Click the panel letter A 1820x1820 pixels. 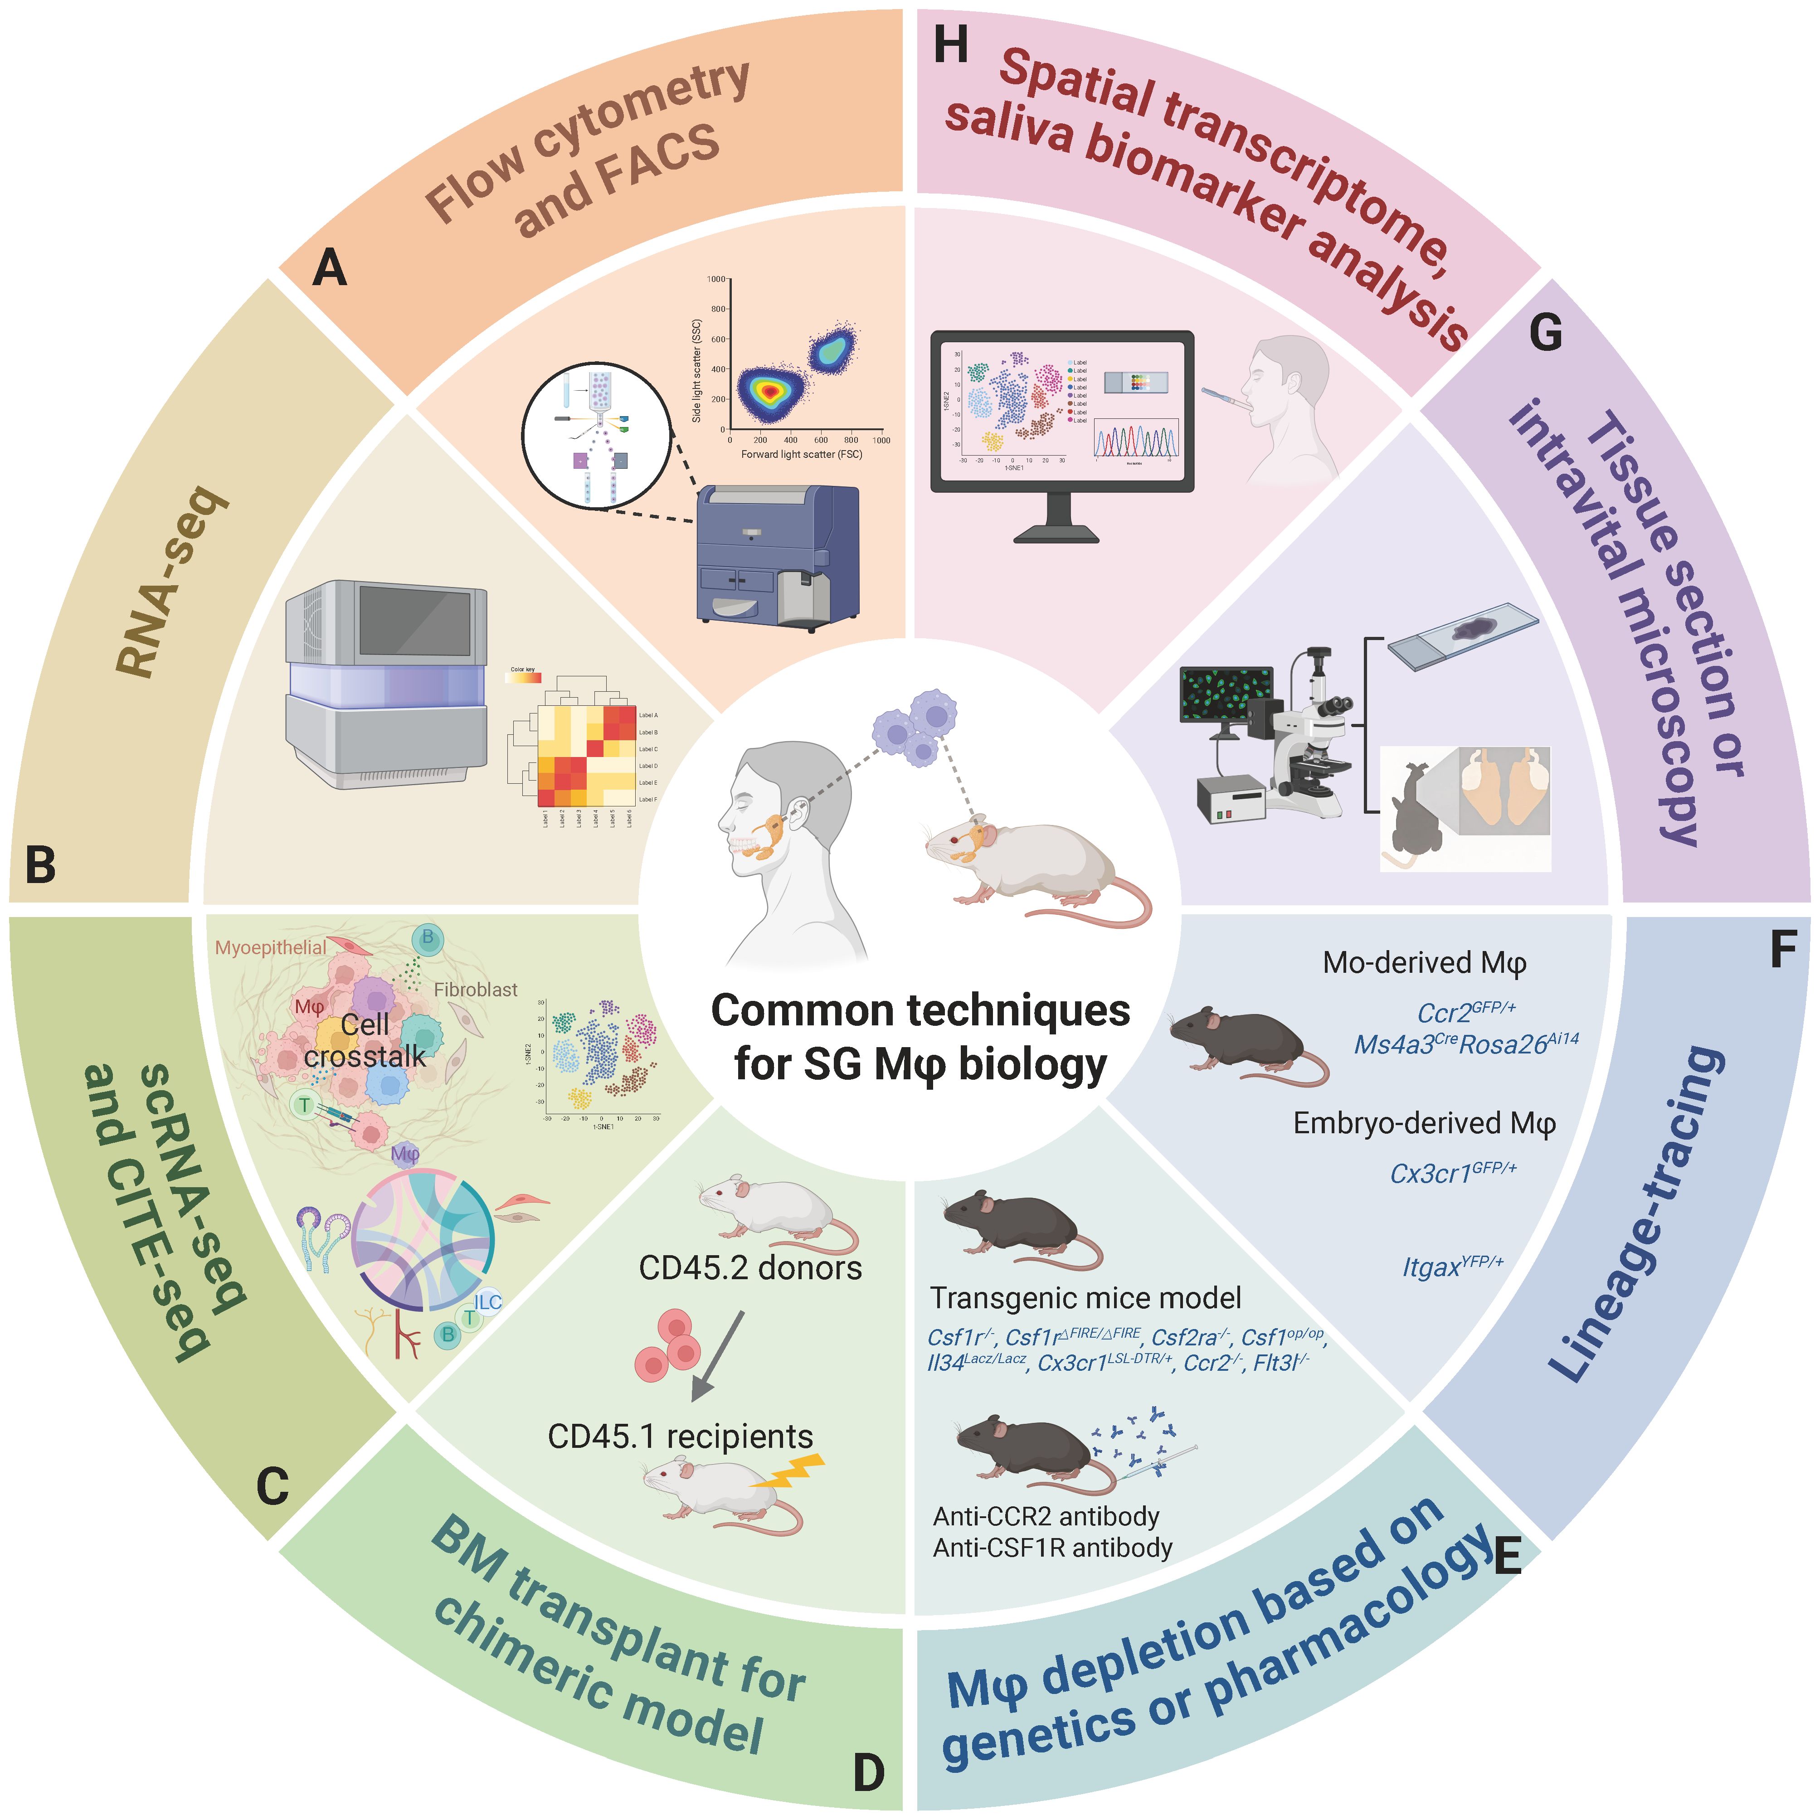[x=330, y=268]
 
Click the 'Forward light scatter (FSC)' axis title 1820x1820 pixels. [x=801, y=454]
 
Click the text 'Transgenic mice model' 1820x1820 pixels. [x=1085, y=1298]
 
